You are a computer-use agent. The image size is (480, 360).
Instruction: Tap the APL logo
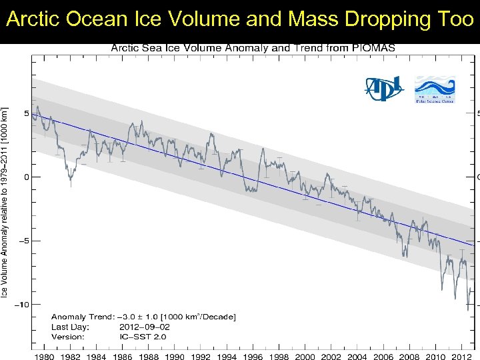[x=385, y=89]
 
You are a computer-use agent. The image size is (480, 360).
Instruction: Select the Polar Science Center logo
[x=435, y=89]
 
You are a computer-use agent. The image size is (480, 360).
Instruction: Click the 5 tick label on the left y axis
[x=26, y=114]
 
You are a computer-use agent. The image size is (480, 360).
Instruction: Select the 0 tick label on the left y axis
[x=27, y=177]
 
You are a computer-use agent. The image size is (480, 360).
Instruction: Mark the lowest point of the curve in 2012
[x=468, y=308]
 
